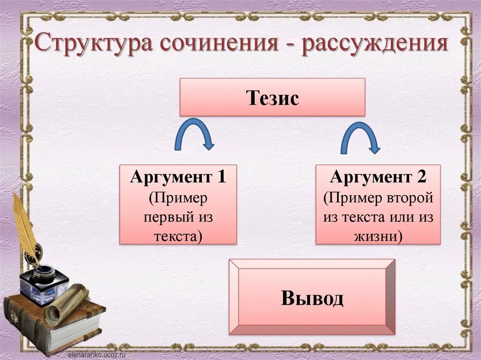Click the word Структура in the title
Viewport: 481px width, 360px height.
(94, 46)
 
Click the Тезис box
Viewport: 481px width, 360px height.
(272, 97)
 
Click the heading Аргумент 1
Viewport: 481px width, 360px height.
(178, 177)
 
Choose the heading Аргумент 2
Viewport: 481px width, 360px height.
(378, 177)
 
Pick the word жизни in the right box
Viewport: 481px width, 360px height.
(375, 236)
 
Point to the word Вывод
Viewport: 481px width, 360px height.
(312, 298)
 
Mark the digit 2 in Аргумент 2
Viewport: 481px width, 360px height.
(421, 177)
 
